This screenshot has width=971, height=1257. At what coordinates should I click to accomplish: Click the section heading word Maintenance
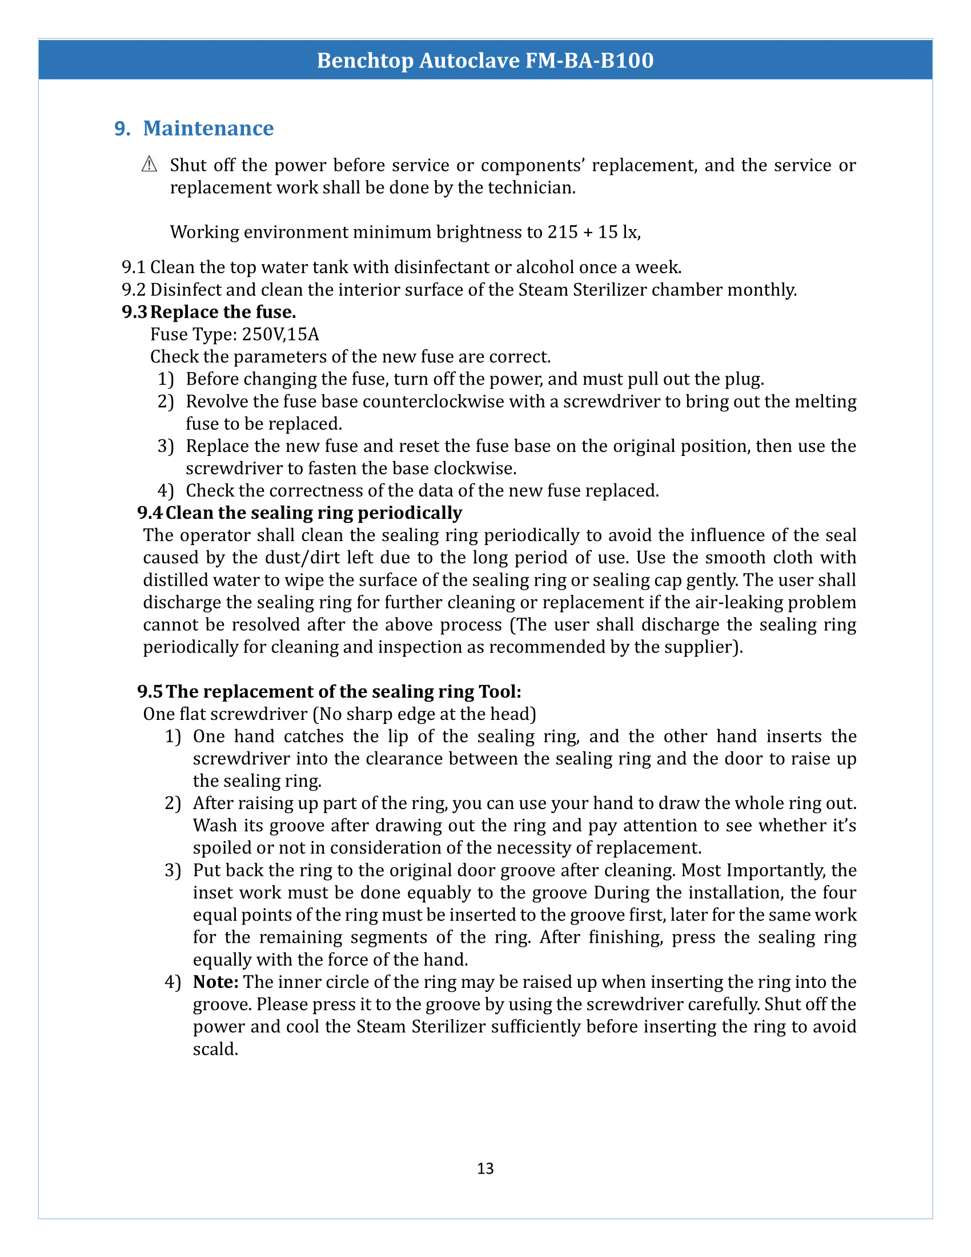pyautogui.click(x=208, y=129)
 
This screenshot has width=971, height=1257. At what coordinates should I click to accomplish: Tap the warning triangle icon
pyautogui.click(x=149, y=165)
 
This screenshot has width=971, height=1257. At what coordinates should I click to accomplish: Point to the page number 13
pyautogui.click(x=485, y=1168)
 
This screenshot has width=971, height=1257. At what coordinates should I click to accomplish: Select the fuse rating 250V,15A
pyautogui.click(x=280, y=334)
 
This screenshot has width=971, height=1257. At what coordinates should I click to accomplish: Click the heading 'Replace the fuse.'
pyautogui.click(x=223, y=312)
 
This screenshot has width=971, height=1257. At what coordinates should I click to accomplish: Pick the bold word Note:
pyautogui.click(x=216, y=982)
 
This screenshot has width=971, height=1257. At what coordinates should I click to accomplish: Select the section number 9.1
pyautogui.click(x=134, y=267)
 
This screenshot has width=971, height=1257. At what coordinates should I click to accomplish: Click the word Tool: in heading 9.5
pyautogui.click(x=499, y=691)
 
